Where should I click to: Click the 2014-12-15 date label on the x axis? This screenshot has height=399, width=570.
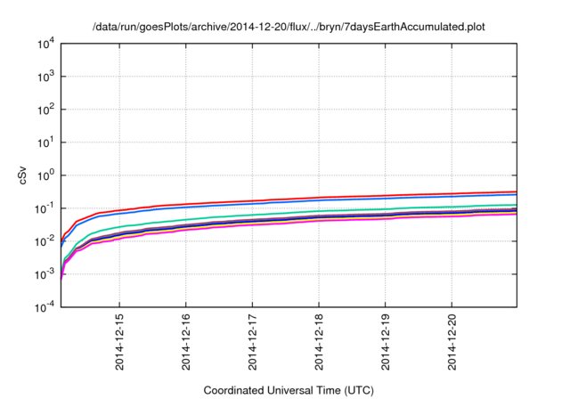(119, 343)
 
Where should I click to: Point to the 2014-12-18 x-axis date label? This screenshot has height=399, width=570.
(319, 343)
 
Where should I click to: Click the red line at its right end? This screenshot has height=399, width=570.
(515, 191)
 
